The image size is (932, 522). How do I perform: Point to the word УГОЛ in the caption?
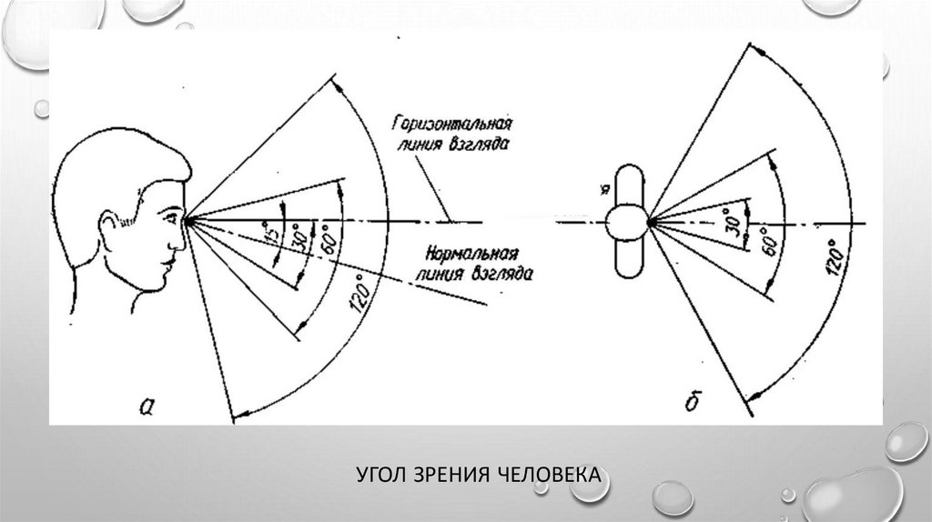377,475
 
